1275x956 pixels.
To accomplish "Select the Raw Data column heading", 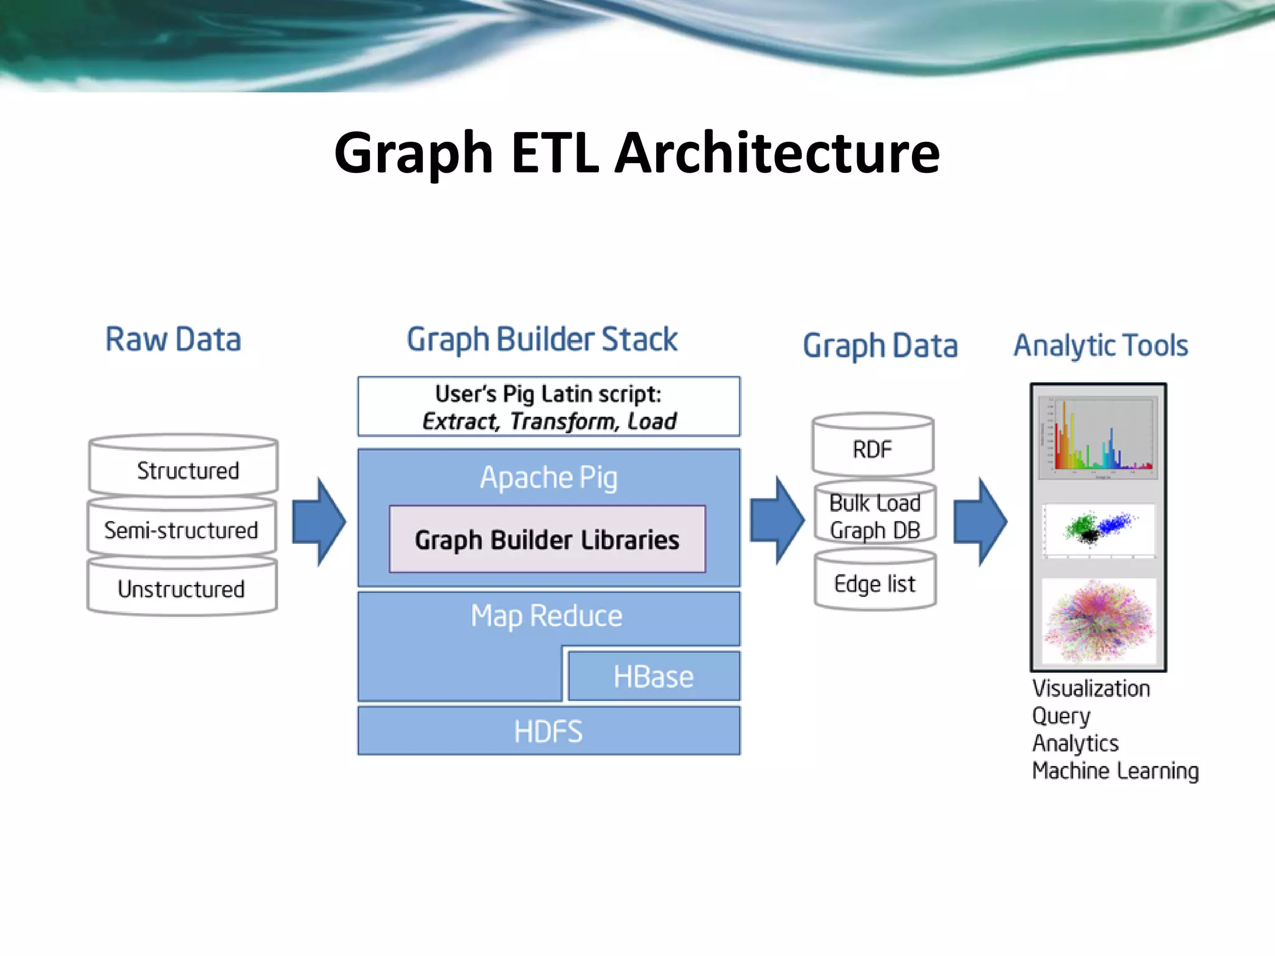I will [x=173, y=340].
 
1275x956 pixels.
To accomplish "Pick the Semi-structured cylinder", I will [x=182, y=530].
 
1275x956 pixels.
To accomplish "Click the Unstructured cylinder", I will [x=182, y=588].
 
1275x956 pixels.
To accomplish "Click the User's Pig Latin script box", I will [x=548, y=407].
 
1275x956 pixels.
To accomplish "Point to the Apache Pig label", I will [x=548, y=478].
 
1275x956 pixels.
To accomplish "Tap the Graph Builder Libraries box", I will [x=547, y=539].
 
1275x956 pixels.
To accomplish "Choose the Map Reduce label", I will [x=547, y=616].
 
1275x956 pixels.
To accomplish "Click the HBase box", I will [x=654, y=677].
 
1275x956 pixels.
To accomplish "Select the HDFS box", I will [x=548, y=731].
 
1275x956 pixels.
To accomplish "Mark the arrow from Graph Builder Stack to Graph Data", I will [x=776, y=520].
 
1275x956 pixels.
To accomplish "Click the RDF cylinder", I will [x=872, y=448].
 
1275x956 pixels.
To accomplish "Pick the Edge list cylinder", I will [x=875, y=583].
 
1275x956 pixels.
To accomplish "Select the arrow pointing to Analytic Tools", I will [x=980, y=522].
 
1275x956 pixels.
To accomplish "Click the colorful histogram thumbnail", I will [x=1098, y=438].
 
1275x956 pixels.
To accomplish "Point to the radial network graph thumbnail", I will [x=1098, y=621].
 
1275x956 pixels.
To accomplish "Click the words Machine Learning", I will [x=1115, y=771].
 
